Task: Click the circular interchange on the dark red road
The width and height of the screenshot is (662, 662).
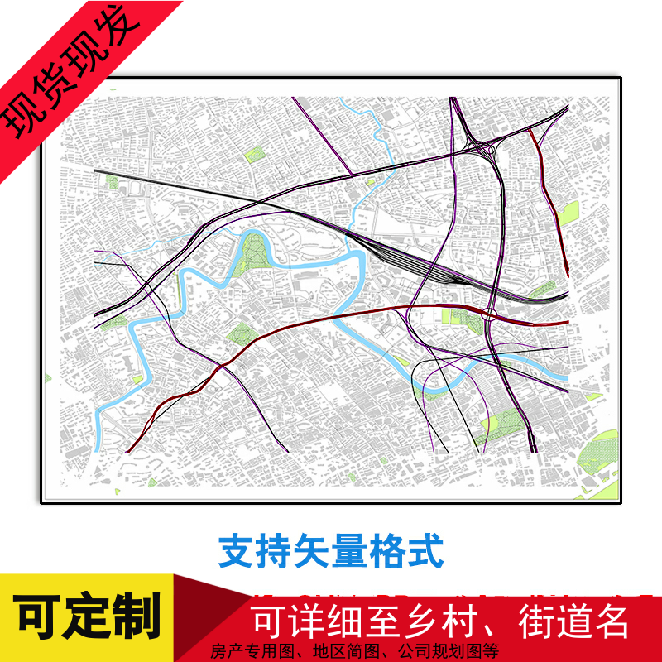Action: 489,314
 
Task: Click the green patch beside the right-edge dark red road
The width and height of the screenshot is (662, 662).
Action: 568,213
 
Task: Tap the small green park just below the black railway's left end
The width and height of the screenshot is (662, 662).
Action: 112,181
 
